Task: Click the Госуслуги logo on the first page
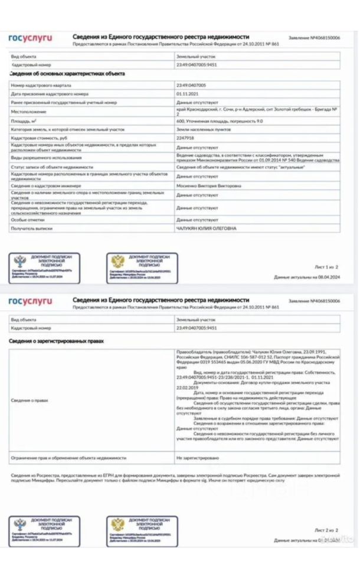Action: (30, 38)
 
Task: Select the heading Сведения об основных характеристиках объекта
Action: (67, 74)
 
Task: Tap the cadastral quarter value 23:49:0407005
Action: (191, 86)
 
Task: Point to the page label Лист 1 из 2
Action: (326, 267)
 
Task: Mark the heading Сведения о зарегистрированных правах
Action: (57, 341)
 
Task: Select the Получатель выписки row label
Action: (32, 228)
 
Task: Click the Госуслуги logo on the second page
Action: (30, 302)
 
